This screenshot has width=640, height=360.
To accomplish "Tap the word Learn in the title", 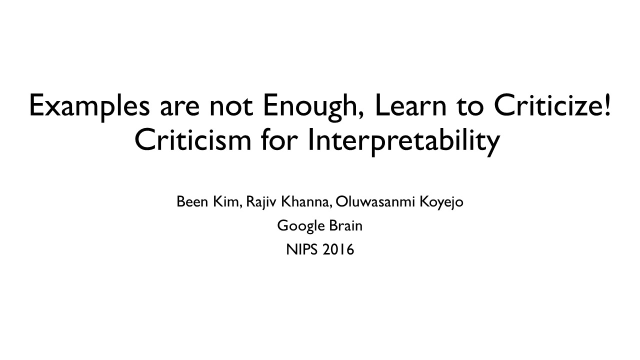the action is point(411,104).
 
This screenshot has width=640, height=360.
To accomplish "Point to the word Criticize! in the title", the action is point(553,104).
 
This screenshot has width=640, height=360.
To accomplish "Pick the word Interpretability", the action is point(404,141).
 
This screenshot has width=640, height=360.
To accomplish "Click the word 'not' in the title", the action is point(231,107).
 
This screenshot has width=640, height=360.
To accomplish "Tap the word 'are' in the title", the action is point(179,108).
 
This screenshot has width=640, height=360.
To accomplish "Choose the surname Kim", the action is point(227,201).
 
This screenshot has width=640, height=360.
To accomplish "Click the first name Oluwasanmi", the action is point(375,201).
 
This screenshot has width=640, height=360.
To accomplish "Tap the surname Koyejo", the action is point(441,202).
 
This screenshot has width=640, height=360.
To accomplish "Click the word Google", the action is point(301,226).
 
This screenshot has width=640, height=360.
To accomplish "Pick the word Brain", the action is point(345,225).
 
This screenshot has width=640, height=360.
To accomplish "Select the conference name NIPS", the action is point(301,249).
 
